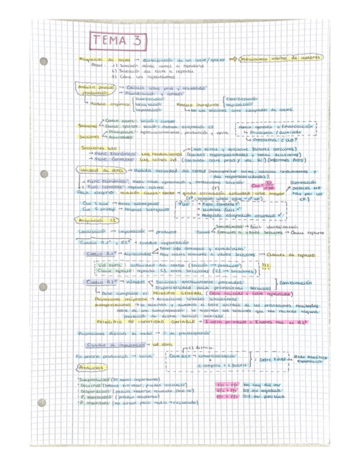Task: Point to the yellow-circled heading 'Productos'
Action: point(91,367)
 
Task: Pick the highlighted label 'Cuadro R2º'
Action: point(99,282)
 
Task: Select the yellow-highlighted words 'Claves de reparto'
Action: point(290,256)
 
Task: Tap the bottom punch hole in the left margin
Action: point(42,403)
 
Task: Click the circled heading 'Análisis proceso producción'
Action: point(91,90)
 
